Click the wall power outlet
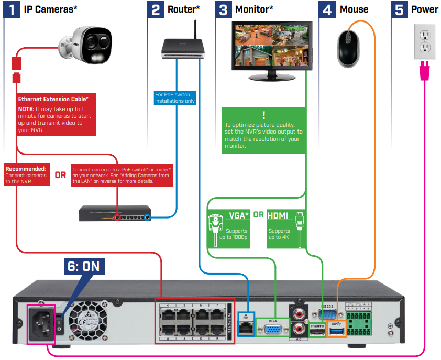click(425, 41)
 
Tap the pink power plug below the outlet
click(425, 72)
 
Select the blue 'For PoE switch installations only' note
click(175, 97)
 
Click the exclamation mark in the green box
click(263, 115)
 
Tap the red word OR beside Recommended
click(61, 175)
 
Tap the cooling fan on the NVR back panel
click(87, 318)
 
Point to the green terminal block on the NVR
click(360, 320)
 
